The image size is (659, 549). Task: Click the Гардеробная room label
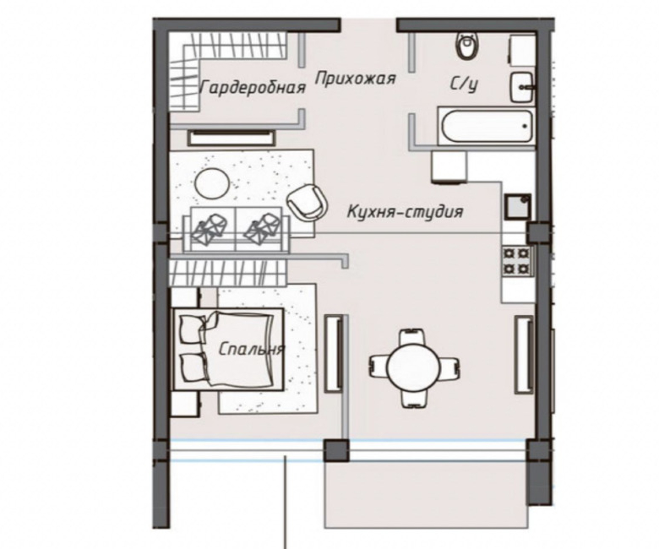[x=253, y=88]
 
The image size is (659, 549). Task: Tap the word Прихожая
[x=355, y=79]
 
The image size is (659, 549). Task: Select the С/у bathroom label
[x=465, y=84]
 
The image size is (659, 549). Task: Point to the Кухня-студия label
[x=406, y=211]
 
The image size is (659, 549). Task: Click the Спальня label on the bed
[x=251, y=349]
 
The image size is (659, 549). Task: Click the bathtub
[x=487, y=126]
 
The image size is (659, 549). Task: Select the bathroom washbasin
[x=521, y=87]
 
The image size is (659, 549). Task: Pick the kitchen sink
[x=517, y=207]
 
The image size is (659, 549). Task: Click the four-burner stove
[x=517, y=260]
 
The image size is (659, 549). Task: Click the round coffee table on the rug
[x=212, y=183]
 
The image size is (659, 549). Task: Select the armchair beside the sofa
[x=306, y=202]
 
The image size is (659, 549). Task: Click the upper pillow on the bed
[x=193, y=328]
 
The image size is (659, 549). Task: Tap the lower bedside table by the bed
[x=185, y=404]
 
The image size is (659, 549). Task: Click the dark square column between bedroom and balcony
[x=336, y=450]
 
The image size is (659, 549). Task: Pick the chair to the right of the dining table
[x=449, y=364]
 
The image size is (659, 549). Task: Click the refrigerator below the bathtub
[x=449, y=167]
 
